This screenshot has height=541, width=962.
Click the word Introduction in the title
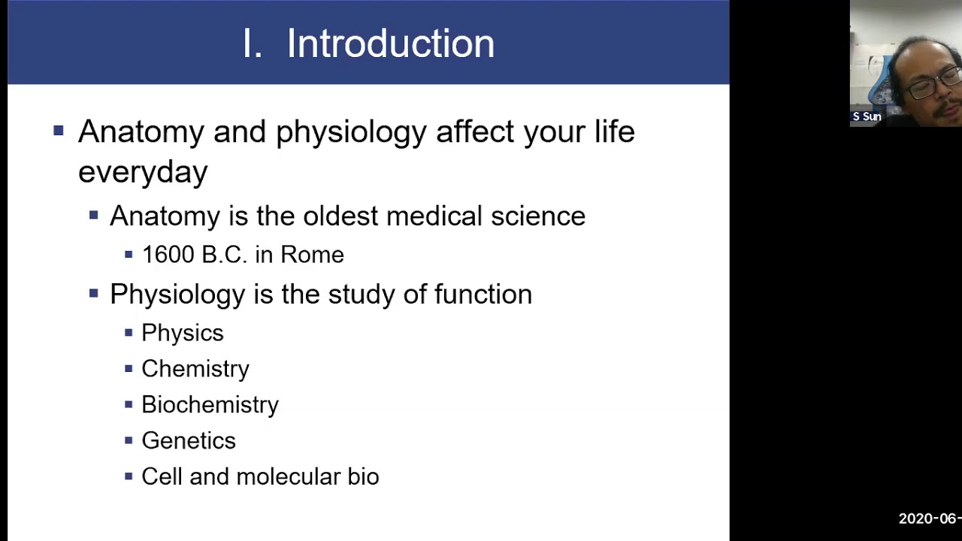[x=390, y=44]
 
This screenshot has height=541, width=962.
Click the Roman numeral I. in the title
[x=252, y=44]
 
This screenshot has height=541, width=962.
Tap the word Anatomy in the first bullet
[x=141, y=131]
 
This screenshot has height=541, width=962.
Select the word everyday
[x=142, y=172]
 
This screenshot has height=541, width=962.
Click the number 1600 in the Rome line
[x=168, y=255]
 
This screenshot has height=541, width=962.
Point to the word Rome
[x=312, y=255]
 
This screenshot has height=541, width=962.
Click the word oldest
[x=340, y=216]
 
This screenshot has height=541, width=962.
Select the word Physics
[x=182, y=333]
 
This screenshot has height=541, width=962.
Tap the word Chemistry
[x=195, y=369]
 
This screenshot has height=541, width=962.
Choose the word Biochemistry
[x=210, y=405]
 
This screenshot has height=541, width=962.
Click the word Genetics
[x=188, y=441]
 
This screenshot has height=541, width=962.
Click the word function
[x=483, y=295]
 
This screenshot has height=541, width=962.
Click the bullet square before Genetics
[x=129, y=440]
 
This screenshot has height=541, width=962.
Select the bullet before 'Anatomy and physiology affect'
[x=59, y=131]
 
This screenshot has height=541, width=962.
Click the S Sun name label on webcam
[x=867, y=116]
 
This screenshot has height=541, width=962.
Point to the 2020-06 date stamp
[x=929, y=518]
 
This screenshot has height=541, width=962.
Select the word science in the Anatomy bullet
[x=537, y=216]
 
